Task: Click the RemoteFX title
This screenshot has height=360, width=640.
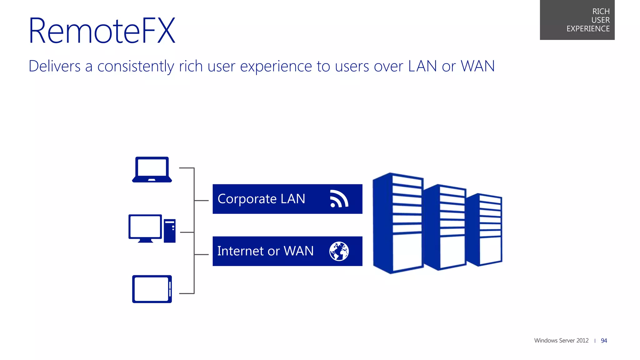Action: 102,31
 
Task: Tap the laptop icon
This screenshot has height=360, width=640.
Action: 152,169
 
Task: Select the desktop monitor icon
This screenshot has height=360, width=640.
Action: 145,227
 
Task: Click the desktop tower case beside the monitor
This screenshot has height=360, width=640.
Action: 170,231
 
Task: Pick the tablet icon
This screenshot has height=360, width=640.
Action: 152,289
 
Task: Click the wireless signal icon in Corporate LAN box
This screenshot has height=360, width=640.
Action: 339,199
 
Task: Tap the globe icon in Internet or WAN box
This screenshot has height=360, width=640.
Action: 339,251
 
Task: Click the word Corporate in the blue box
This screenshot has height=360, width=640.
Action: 247,199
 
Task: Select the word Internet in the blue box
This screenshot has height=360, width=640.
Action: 240,251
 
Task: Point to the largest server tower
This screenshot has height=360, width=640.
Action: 397,223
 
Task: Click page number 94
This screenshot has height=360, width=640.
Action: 604,341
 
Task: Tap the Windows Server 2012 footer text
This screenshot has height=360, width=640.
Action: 561,341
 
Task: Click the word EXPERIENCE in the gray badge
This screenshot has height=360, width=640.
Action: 588,29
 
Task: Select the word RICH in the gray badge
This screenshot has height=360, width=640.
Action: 601,12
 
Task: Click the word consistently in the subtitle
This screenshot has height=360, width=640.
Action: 136,66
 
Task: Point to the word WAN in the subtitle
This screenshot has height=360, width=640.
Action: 477,66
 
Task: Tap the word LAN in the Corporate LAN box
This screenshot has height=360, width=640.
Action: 292,199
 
